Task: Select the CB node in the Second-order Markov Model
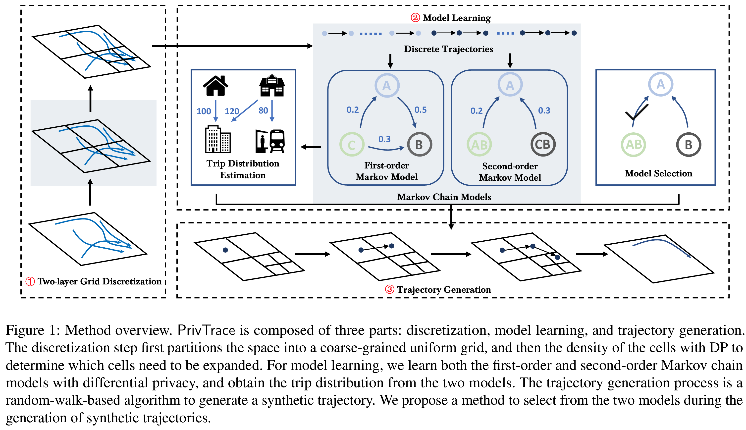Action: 543,144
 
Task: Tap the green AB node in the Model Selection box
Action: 634,145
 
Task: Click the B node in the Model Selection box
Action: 689,145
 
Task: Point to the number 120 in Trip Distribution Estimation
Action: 232,111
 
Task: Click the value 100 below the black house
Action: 204,111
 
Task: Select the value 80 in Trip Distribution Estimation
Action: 263,111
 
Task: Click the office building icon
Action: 218,139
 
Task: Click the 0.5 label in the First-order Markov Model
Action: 420,110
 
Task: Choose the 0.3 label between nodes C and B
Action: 384,139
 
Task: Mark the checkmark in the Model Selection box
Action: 637,112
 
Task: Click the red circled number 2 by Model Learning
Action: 415,18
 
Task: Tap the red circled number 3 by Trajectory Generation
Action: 389,289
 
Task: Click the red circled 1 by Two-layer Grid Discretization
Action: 30,281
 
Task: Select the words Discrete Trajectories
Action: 448,49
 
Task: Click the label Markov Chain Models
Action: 444,197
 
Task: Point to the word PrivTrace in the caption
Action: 206,330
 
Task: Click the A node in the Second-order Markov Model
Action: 510,85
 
